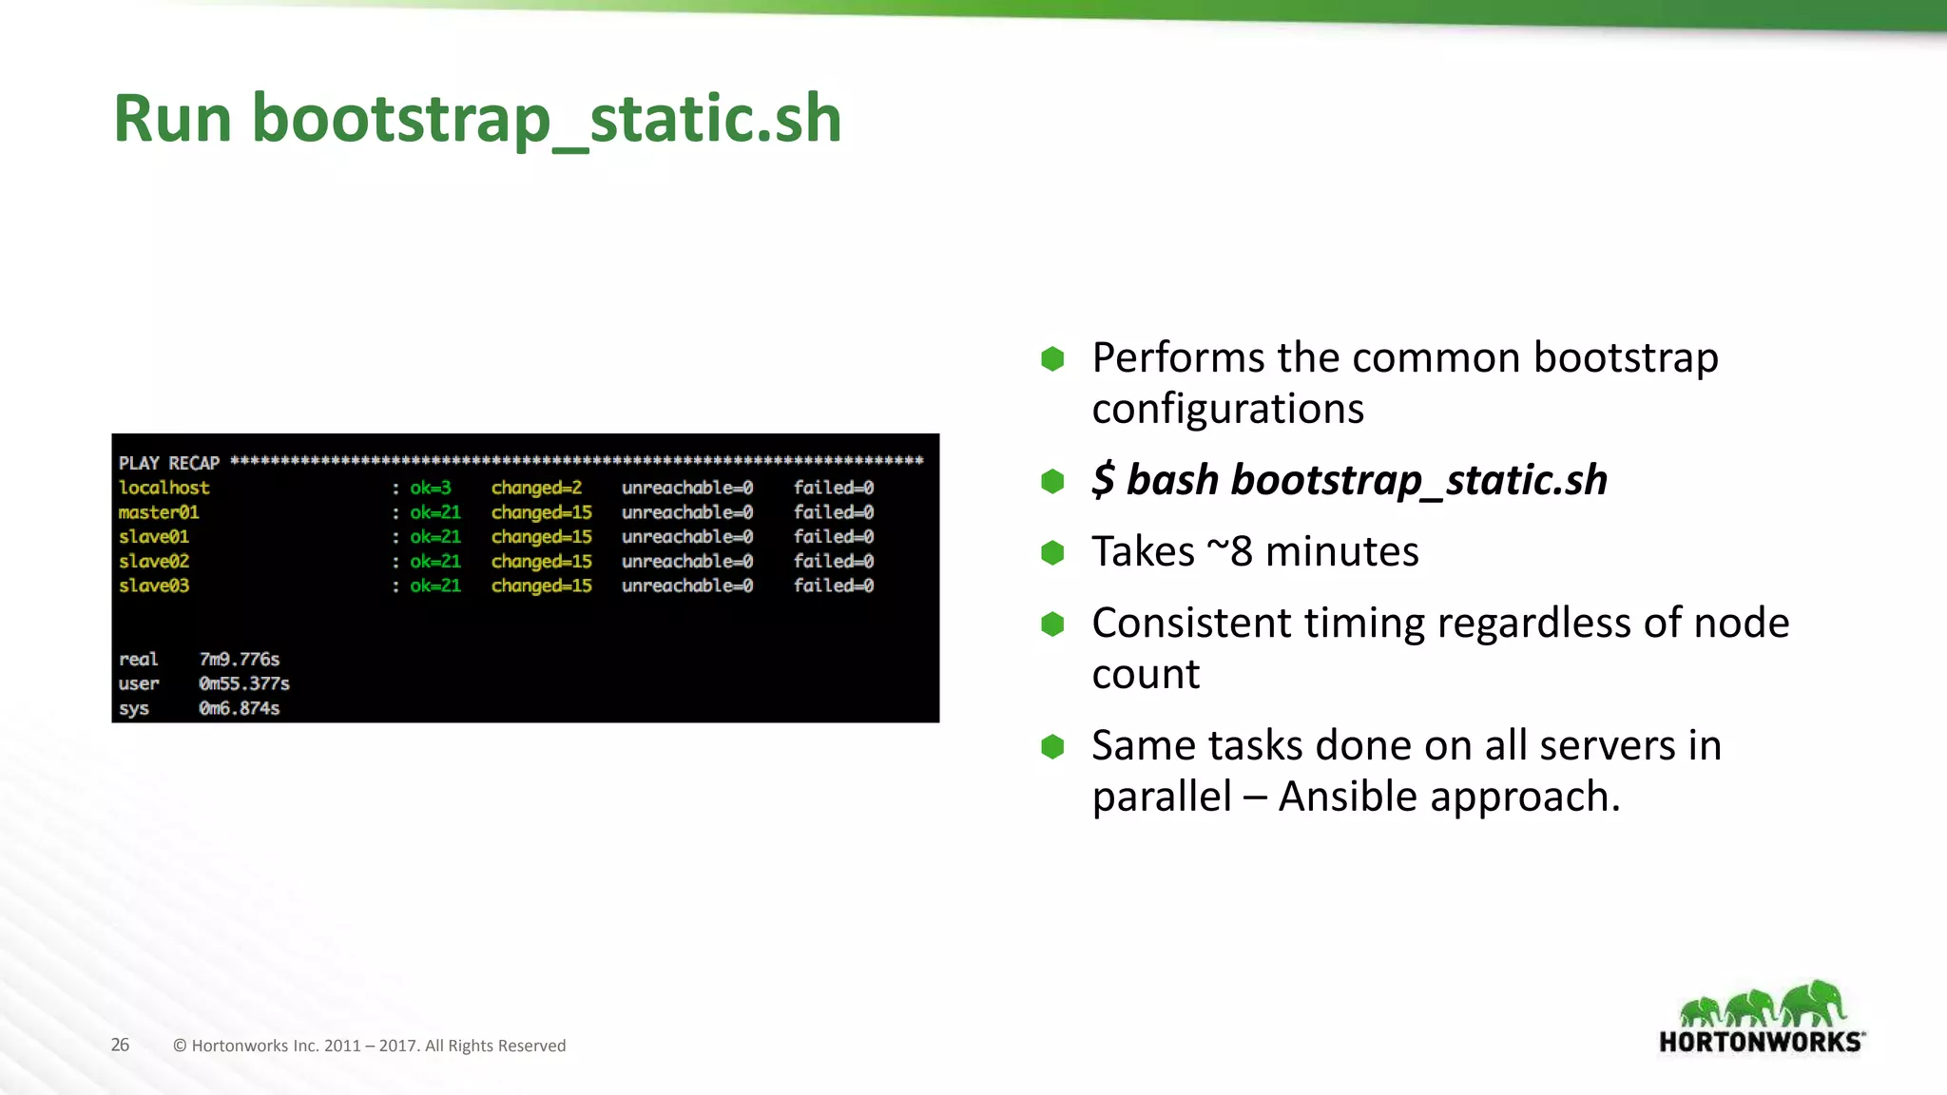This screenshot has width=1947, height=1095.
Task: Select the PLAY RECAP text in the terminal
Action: (x=169, y=463)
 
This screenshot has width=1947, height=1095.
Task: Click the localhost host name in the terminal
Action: (x=164, y=488)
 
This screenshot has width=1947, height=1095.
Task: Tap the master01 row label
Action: (x=159, y=512)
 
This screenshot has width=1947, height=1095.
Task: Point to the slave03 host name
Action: (x=154, y=586)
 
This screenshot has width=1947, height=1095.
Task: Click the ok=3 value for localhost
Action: (x=430, y=488)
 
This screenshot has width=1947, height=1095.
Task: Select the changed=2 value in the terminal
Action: (x=536, y=488)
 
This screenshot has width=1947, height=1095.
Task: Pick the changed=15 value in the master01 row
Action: (x=541, y=512)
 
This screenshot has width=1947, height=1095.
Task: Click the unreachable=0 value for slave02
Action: (x=686, y=561)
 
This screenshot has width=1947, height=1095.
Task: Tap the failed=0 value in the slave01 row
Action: (x=833, y=536)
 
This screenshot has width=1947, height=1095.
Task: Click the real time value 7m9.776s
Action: (x=239, y=659)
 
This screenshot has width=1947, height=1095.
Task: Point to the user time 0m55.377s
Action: (x=243, y=683)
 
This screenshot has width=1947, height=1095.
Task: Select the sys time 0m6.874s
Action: (x=239, y=708)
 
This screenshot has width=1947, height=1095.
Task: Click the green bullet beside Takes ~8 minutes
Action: (x=1052, y=552)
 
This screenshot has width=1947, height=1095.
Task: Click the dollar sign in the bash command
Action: (x=1102, y=479)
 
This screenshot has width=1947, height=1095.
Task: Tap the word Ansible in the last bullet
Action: (x=1347, y=796)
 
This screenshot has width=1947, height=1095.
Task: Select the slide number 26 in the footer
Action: (x=120, y=1045)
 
